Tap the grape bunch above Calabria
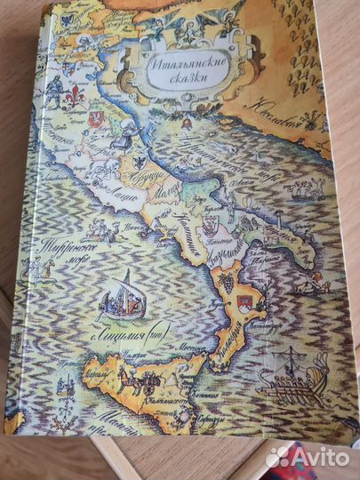[227, 281]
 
